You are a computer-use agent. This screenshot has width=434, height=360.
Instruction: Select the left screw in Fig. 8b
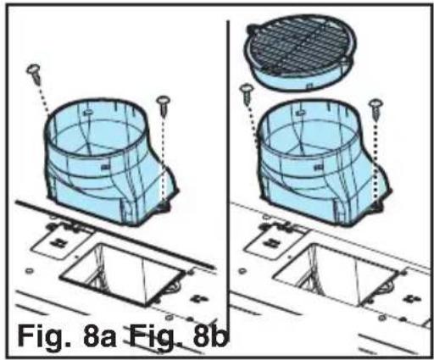[x=248, y=90]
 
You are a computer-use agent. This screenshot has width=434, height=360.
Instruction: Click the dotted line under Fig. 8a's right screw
[x=162, y=161]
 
